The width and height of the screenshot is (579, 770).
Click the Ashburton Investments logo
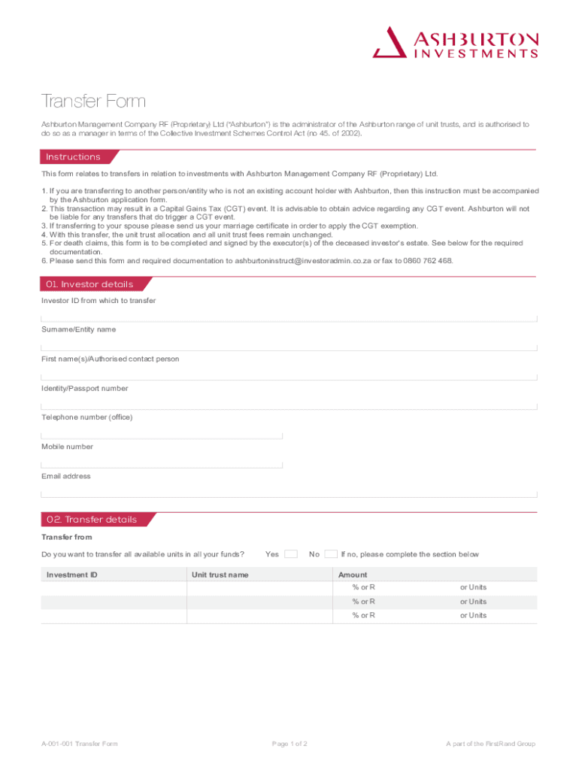tap(456, 42)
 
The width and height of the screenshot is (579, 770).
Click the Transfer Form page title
tap(93, 102)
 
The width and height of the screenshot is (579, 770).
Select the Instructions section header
tap(73, 157)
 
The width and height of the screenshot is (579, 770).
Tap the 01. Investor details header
tap(89, 284)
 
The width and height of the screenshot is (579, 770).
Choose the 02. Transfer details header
tap(92, 520)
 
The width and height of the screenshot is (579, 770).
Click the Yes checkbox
tap(291, 554)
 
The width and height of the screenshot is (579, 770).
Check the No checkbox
tap(331, 554)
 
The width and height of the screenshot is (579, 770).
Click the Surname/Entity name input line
tap(289, 346)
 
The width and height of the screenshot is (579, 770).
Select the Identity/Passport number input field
tap(289, 405)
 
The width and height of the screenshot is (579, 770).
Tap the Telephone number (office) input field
tap(162, 434)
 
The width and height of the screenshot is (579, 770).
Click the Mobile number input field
tap(162, 463)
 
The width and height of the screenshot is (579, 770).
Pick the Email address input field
tap(289, 493)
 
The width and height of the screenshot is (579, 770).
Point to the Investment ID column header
tap(72, 575)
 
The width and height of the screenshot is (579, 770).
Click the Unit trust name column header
tap(220, 575)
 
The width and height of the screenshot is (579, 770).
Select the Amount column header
tap(353, 575)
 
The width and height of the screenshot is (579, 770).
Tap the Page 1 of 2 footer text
tap(289, 744)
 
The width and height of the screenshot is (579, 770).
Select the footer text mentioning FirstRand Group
tap(490, 744)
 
